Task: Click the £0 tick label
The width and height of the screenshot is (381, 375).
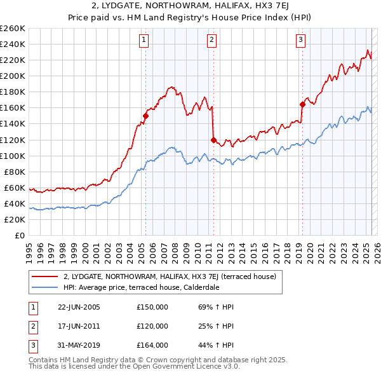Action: [21, 235]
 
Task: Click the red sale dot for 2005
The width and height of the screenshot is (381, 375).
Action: [145, 116]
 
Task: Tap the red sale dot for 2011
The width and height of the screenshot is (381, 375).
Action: [213, 140]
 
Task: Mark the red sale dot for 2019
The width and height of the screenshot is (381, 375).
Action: [302, 105]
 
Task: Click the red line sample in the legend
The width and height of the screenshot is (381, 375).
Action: [45, 277]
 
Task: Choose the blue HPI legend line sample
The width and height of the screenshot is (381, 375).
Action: [45, 287]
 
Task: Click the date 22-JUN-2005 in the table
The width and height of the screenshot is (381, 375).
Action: [79, 307]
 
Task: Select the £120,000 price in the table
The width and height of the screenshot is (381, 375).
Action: [152, 326]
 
